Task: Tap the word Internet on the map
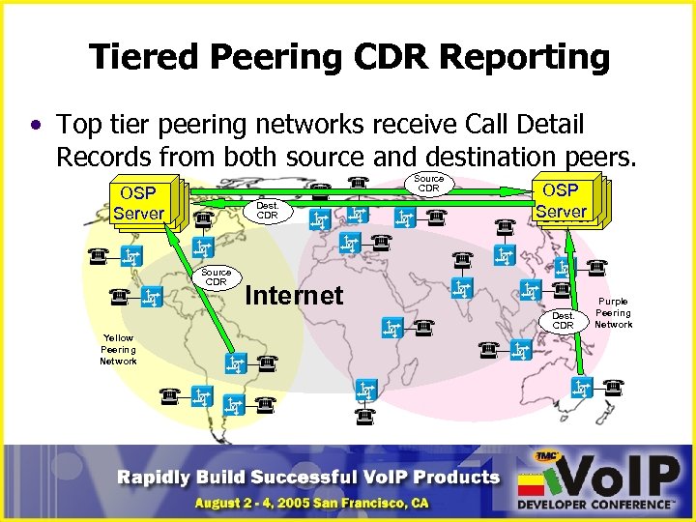295,295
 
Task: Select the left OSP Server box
138,203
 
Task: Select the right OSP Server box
561,200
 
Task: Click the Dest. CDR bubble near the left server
267,211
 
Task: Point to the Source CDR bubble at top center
428,183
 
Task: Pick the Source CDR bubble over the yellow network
216,277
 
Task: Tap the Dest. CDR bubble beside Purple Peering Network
563,320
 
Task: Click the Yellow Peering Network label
118,349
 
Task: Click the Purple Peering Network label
613,313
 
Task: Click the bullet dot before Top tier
36,127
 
